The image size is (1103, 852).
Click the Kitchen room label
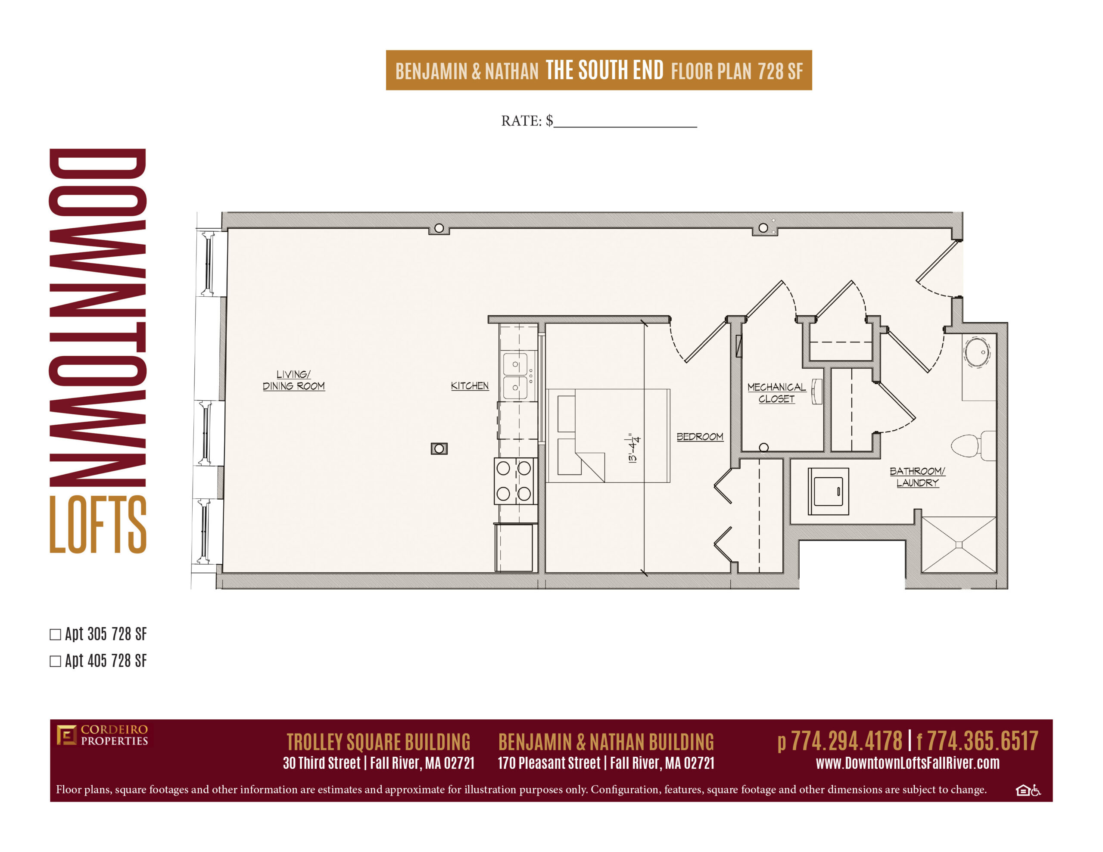[x=470, y=386]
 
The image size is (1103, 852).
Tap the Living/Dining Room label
[x=293, y=380]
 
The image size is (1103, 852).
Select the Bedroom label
[x=700, y=436]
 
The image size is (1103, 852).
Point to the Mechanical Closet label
[x=776, y=393]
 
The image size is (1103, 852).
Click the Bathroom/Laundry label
[x=917, y=477]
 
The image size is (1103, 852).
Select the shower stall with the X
[x=959, y=544]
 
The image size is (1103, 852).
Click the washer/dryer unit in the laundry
[x=828, y=491]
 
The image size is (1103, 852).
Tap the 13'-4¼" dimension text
[x=633, y=448]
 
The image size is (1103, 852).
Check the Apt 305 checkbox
[x=55, y=634]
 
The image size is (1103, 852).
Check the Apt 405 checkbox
[x=55, y=661]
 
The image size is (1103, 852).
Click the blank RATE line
[x=625, y=126]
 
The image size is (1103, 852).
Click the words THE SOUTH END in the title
[x=604, y=70]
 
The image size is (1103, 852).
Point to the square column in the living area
[x=439, y=448]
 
